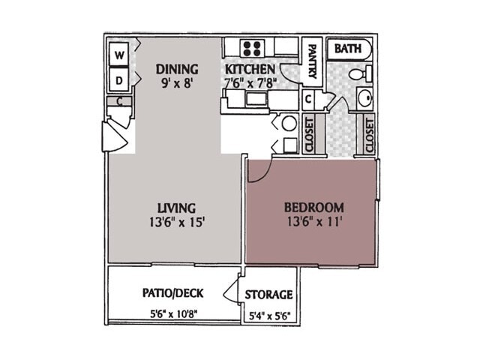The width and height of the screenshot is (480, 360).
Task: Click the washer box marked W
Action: click(x=119, y=55)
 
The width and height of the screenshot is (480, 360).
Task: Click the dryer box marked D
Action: click(x=119, y=79)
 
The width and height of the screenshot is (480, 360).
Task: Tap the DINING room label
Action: click(x=177, y=70)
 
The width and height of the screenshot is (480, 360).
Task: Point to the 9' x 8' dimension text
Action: click(x=177, y=84)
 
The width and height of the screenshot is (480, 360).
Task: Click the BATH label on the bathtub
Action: click(x=348, y=49)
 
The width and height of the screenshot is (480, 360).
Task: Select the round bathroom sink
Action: click(x=363, y=98)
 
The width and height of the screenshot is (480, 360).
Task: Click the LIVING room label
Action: click(x=177, y=208)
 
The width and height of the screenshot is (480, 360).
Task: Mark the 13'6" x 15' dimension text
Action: click(x=177, y=221)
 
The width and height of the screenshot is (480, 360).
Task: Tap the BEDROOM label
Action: click(x=313, y=208)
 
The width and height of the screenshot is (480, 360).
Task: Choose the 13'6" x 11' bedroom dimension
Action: click(x=313, y=221)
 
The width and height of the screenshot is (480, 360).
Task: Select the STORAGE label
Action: click(x=268, y=295)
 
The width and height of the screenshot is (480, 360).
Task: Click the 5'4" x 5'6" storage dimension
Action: click(x=268, y=316)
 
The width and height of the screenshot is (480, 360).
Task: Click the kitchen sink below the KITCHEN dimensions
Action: click(x=256, y=99)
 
